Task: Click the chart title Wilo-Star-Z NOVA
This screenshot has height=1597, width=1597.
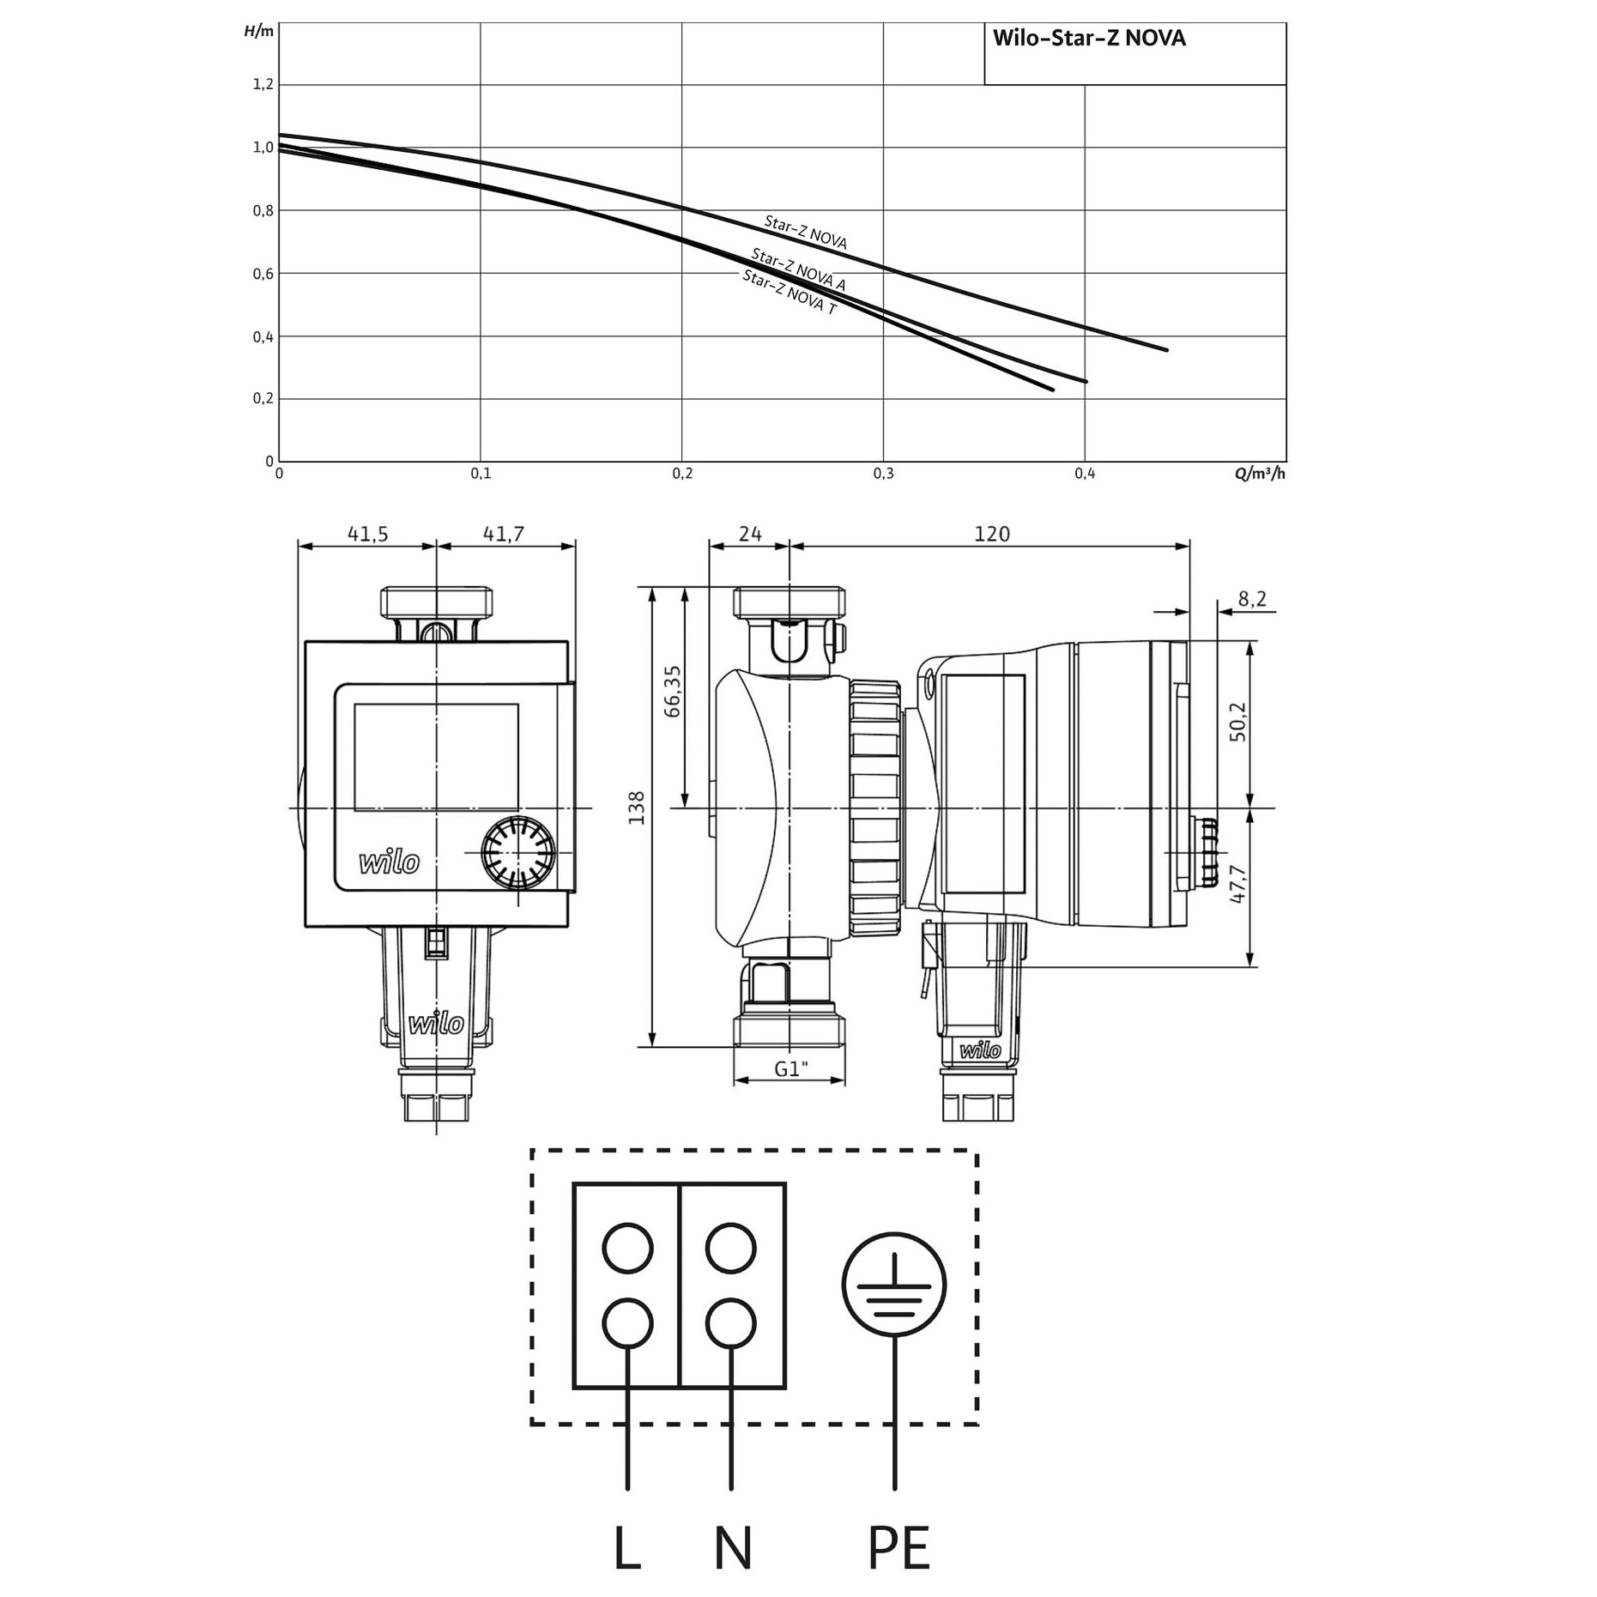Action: click(1089, 39)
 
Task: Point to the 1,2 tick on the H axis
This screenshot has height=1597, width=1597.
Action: click(263, 84)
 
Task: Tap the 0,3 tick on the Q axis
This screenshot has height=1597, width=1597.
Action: click(884, 474)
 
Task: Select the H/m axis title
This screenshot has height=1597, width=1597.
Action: click(259, 32)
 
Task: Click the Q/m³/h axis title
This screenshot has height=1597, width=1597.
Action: click(1261, 474)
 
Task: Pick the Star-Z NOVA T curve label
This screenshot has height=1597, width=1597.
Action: click(789, 293)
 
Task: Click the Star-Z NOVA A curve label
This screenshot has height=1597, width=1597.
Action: click(798, 268)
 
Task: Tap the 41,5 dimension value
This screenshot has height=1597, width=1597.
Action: click(367, 534)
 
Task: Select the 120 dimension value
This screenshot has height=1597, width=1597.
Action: click(992, 534)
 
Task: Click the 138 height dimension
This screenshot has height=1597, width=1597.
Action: click(637, 808)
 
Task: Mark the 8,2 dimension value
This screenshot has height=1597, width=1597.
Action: click(1252, 598)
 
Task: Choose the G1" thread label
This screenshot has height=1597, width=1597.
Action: click(791, 1069)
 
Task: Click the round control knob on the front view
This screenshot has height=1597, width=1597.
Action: click(517, 853)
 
